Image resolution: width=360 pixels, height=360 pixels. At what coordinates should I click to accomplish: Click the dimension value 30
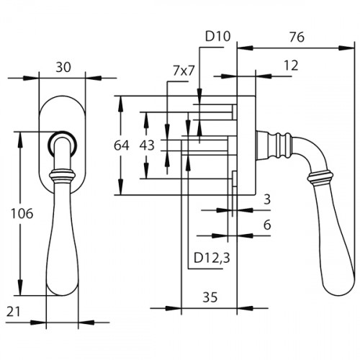click(63, 68)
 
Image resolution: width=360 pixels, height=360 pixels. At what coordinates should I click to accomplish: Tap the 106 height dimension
click(22, 214)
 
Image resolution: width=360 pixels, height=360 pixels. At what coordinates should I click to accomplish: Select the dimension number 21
click(14, 312)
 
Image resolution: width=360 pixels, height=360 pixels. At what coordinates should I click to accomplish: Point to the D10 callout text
click(218, 37)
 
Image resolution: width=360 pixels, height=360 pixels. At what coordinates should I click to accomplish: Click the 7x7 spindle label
click(184, 71)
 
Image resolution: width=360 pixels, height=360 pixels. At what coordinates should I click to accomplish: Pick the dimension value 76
click(297, 37)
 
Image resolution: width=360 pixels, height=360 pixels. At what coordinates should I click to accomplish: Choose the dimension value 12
click(291, 66)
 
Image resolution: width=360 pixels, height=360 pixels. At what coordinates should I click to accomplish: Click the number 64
click(122, 145)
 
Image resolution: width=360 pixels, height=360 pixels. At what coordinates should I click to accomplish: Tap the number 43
click(147, 145)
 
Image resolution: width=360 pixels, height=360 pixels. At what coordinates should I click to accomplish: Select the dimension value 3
click(267, 199)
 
